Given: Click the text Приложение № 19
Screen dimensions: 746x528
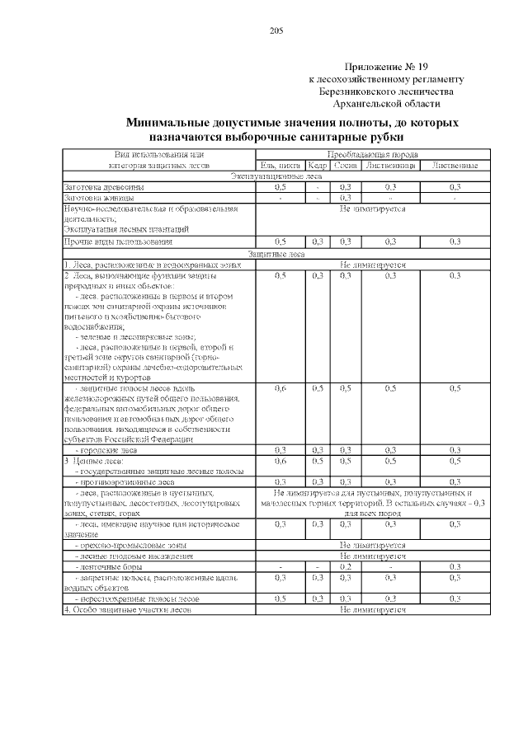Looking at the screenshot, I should pos(385,67).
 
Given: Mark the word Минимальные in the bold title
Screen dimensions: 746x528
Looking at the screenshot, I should pos(170,123).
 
